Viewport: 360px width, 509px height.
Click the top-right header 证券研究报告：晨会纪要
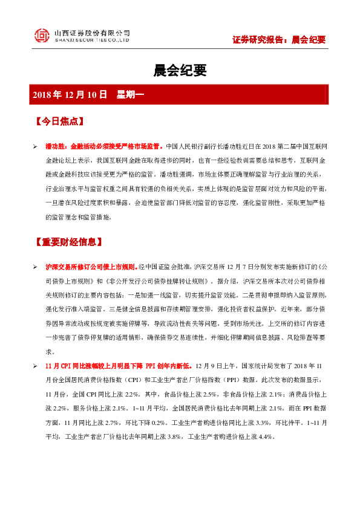pyautogui.click(x=279, y=40)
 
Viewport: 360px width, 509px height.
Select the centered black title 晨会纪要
pyautogui.click(x=180, y=71)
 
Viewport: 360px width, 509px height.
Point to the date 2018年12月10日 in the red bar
pyautogui.click(x=70, y=94)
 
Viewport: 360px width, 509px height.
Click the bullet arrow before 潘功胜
pyautogui.click(x=36, y=146)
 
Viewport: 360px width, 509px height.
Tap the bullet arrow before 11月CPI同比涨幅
pyautogui.click(x=36, y=366)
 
